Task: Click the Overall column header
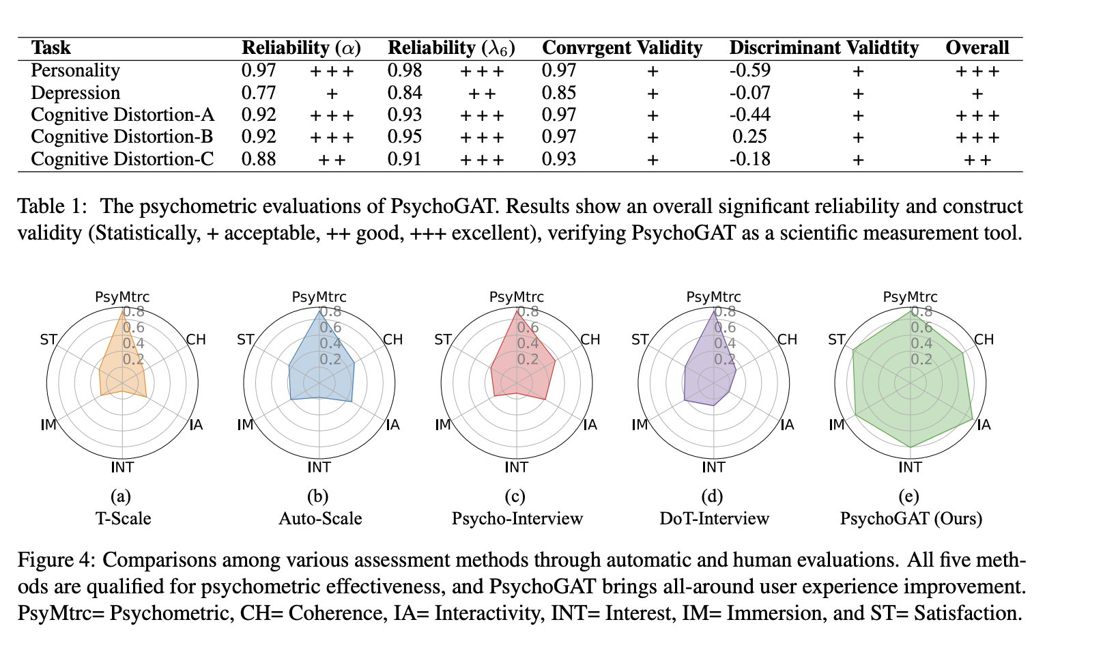(x=977, y=48)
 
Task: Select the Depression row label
(x=76, y=93)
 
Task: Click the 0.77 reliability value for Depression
(x=259, y=93)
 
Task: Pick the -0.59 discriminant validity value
(x=750, y=70)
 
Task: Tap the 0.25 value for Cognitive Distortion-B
(x=749, y=137)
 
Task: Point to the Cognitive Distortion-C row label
(x=123, y=159)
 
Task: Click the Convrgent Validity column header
(x=622, y=48)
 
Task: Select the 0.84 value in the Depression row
(x=405, y=93)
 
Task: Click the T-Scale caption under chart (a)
(x=123, y=519)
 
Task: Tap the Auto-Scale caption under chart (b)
(x=320, y=519)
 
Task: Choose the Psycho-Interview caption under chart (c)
(x=517, y=519)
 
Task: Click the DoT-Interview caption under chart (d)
(x=714, y=519)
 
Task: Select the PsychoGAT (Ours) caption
(x=911, y=519)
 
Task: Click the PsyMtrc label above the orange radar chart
(x=122, y=297)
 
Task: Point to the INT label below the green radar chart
(x=910, y=468)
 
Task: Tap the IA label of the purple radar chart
(x=787, y=425)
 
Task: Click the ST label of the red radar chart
(x=443, y=340)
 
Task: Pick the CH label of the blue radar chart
(x=392, y=340)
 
